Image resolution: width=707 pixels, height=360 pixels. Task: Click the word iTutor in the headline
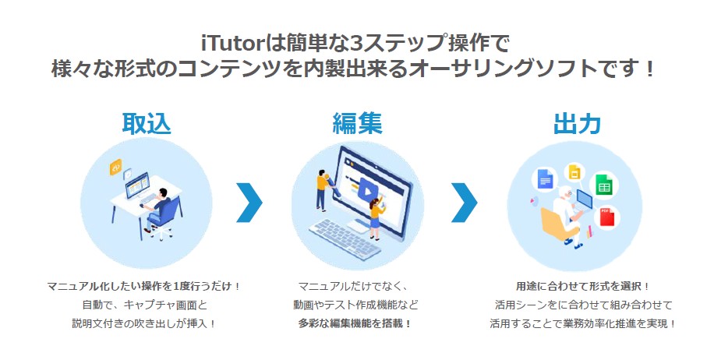tap(232, 44)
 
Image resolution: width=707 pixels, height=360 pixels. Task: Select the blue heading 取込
tap(147, 123)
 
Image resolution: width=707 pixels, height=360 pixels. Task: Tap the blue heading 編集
tap(357, 123)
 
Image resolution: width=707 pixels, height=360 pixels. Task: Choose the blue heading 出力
tap(577, 123)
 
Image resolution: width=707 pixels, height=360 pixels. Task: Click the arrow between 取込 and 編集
tap(249, 203)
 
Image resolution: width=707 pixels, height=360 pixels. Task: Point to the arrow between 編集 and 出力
tap(465, 203)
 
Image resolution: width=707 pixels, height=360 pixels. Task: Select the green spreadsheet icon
tap(604, 185)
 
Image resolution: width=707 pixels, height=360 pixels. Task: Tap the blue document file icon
tap(545, 178)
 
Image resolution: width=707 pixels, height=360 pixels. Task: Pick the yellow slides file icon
tap(574, 172)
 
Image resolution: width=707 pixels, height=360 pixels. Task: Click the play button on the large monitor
tap(368, 191)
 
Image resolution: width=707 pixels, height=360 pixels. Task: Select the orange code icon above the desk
tap(116, 168)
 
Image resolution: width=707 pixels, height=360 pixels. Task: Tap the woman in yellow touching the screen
tap(376, 217)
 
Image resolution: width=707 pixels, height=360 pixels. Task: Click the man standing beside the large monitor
tap(323, 189)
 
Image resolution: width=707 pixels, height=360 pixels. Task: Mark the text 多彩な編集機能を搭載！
tap(355, 323)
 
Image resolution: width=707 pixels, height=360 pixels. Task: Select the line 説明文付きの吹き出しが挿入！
tap(144, 323)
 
